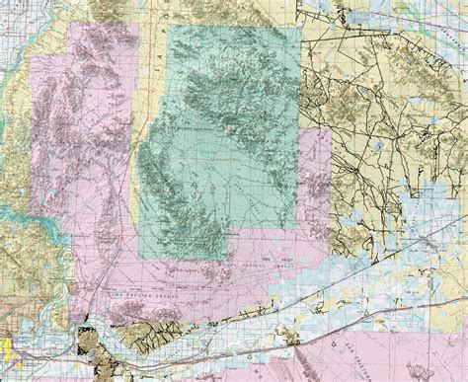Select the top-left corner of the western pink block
(34, 59)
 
